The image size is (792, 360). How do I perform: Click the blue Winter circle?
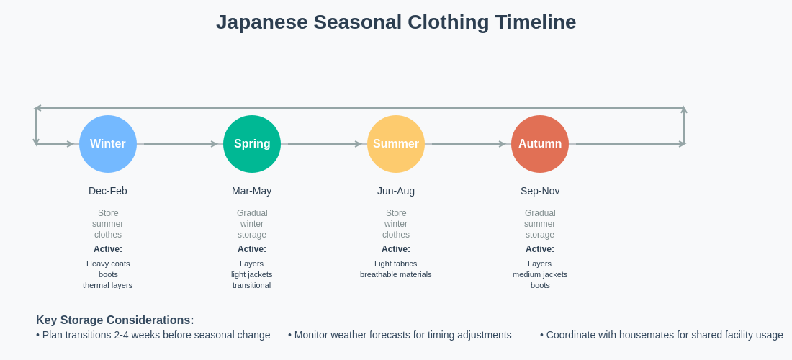click(x=108, y=144)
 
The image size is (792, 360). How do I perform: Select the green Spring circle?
click(x=252, y=144)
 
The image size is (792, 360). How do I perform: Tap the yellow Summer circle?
click(x=396, y=144)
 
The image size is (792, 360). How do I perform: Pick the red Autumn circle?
click(x=540, y=144)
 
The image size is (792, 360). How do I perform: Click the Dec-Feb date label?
click(x=108, y=191)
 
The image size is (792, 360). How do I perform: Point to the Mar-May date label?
click(x=252, y=191)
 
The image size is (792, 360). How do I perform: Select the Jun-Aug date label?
click(x=396, y=191)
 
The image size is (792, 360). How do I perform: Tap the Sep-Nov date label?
click(x=540, y=191)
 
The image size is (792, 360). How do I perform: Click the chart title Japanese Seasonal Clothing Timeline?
click(x=396, y=22)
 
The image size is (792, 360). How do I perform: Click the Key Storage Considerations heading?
click(x=115, y=320)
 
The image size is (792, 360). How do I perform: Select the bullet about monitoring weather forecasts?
click(x=400, y=335)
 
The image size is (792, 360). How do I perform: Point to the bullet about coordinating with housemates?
click(x=661, y=335)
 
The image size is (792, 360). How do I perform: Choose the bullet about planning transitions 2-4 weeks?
click(x=153, y=335)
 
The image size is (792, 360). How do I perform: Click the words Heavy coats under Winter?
click(x=108, y=264)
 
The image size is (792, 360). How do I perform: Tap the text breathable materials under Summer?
click(x=396, y=274)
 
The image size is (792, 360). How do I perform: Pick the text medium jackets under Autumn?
click(x=540, y=274)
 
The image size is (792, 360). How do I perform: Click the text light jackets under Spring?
click(x=252, y=274)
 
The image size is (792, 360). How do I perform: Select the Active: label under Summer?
click(x=396, y=249)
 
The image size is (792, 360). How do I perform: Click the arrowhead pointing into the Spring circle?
click(x=214, y=144)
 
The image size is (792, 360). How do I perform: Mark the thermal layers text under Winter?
click(x=108, y=285)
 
